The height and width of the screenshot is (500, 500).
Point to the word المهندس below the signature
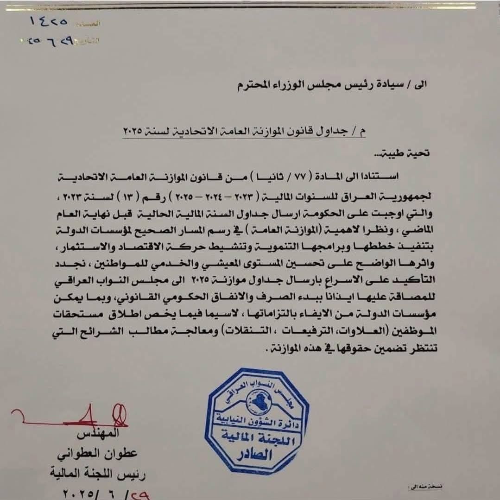[99, 434]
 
